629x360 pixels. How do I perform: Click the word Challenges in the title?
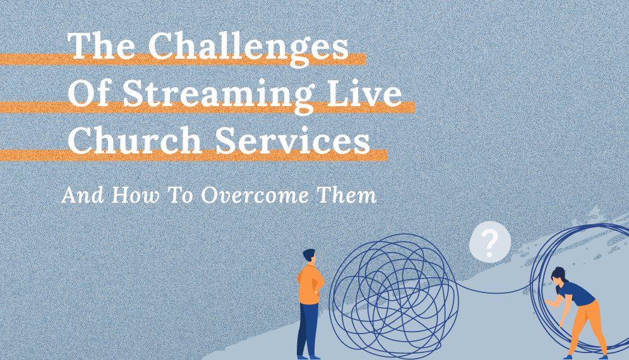point(248,49)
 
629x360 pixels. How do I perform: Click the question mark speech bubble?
point(489,241)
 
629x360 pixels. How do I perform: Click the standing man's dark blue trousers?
point(308,328)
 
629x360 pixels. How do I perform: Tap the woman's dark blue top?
point(576,293)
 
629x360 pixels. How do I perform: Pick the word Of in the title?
point(90,95)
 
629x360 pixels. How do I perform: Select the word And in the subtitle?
point(81,196)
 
